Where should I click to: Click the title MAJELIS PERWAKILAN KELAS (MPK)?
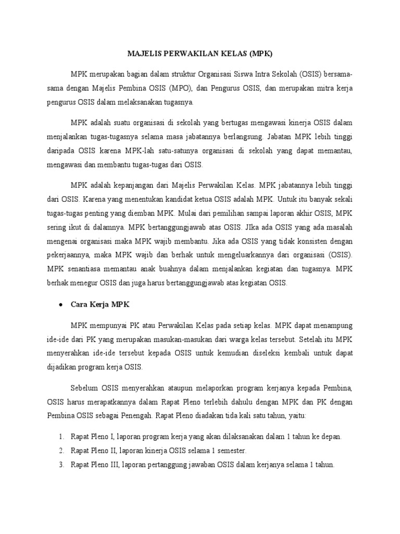201,54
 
